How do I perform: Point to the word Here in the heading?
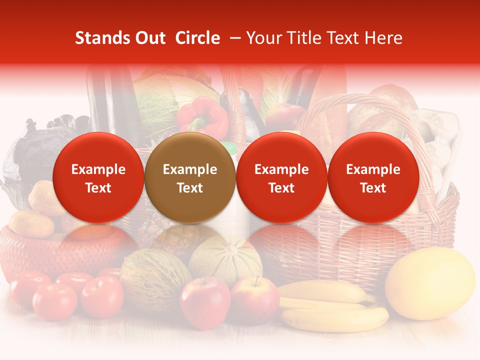385,38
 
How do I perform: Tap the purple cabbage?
35,145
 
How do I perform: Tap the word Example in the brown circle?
190,169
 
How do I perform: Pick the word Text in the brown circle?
190,188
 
